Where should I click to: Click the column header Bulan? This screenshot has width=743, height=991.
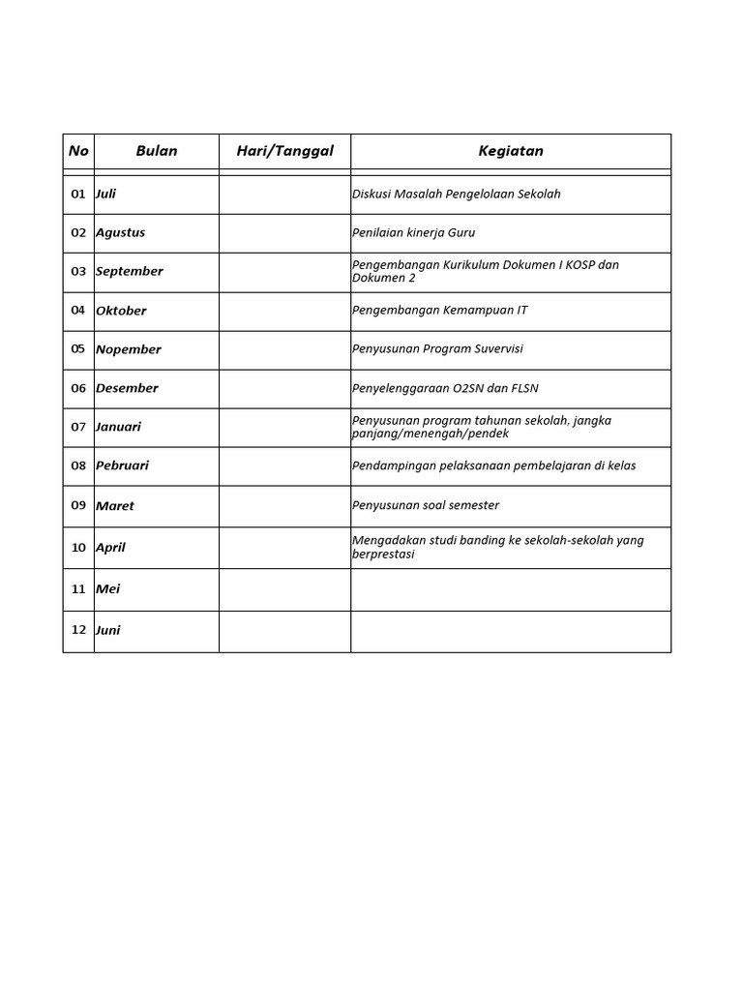point(157,151)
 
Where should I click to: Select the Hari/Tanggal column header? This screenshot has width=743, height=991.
point(284,151)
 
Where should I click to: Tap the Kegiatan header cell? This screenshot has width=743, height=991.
point(511,151)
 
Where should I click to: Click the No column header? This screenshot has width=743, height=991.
point(78,151)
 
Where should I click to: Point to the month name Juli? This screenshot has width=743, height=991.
point(105,194)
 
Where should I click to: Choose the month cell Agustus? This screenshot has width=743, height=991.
point(120,233)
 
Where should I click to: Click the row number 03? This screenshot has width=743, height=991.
point(78,272)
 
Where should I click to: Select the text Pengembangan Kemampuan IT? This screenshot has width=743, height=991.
point(440,311)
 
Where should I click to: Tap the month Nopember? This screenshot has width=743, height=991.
point(129,349)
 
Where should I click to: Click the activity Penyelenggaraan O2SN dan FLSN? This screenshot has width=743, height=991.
point(445,388)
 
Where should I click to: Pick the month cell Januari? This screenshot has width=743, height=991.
point(118,427)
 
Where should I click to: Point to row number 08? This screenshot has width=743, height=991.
point(78,465)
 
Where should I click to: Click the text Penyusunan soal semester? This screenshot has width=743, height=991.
point(426,505)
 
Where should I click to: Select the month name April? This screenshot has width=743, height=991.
point(110,548)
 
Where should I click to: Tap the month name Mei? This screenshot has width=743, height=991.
point(107,589)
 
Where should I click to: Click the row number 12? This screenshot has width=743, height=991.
point(78,630)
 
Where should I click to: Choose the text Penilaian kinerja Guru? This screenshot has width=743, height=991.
point(413,233)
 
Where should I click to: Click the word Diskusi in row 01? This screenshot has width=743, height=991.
point(371,194)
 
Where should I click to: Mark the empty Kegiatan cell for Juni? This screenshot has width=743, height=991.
point(511,631)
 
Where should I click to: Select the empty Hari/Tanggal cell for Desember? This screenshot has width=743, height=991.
point(284,388)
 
